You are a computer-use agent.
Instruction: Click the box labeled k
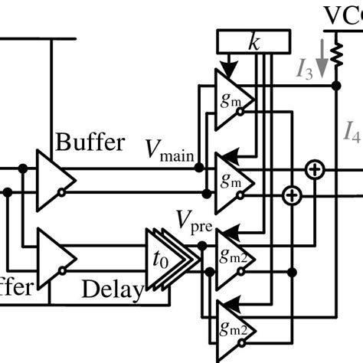(254, 41)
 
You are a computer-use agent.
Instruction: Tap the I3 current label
(305, 70)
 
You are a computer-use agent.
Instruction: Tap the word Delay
(113, 290)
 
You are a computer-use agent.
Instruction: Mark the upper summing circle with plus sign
(313, 170)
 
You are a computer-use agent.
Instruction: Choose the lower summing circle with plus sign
(290, 196)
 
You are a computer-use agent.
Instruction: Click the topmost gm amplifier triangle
(231, 98)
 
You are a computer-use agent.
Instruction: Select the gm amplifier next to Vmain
(231, 181)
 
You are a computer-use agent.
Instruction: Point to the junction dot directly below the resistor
(335, 87)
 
